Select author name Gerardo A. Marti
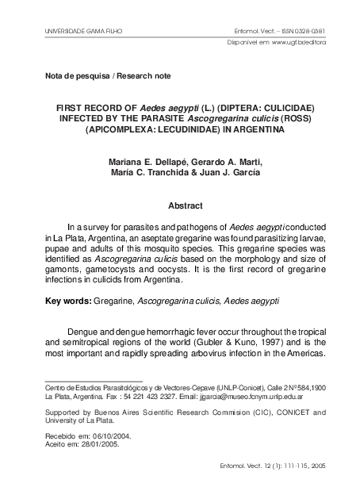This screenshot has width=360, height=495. click(x=224, y=163)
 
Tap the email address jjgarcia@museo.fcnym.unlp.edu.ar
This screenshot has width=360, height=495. click(x=252, y=394)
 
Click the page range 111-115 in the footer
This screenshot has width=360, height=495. click(x=288, y=467)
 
